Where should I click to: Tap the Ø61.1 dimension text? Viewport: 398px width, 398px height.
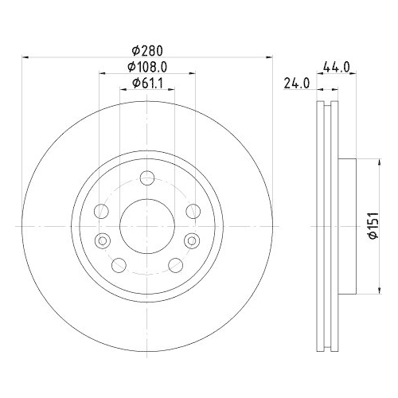pyautogui.click(x=146, y=83)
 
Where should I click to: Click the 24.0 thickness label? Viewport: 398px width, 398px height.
pyautogui.click(x=296, y=82)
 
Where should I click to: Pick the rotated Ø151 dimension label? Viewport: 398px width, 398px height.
pyautogui.click(x=370, y=225)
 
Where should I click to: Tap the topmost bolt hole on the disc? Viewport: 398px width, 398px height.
pyautogui.click(x=147, y=178)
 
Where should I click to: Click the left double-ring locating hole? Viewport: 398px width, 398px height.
pyautogui.click(x=101, y=240)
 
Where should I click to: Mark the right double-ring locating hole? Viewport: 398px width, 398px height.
pyautogui.click(x=191, y=240)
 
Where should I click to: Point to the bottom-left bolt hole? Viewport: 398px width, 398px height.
pyautogui.click(x=118, y=264)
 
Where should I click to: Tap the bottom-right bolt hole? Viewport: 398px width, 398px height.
pyautogui.click(x=175, y=264)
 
